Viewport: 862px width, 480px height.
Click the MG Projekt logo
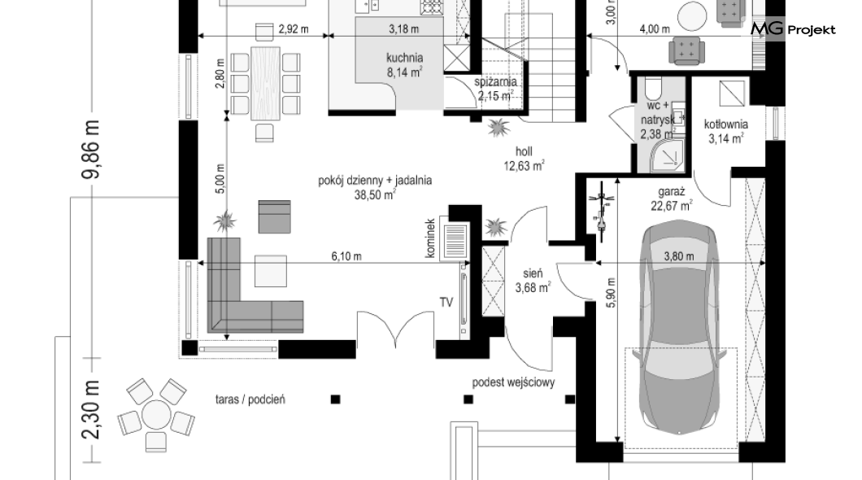[793, 28]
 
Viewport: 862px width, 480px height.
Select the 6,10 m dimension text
[346, 256]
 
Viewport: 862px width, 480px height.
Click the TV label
[446, 303]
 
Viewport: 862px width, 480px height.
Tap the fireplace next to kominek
[454, 241]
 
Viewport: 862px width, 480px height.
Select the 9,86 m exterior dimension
[91, 149]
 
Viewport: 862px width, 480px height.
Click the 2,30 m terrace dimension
[91, 409]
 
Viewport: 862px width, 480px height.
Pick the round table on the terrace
[156, 415]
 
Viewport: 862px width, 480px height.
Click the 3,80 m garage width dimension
[679, 256]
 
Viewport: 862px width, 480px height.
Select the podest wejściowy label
[513, 382]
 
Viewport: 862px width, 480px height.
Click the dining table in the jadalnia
[266, 83]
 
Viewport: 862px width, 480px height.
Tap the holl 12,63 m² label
[524, 159]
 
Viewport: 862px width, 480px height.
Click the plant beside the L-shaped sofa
[224, 221]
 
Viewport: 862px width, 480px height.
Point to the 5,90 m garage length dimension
[612, 292]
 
